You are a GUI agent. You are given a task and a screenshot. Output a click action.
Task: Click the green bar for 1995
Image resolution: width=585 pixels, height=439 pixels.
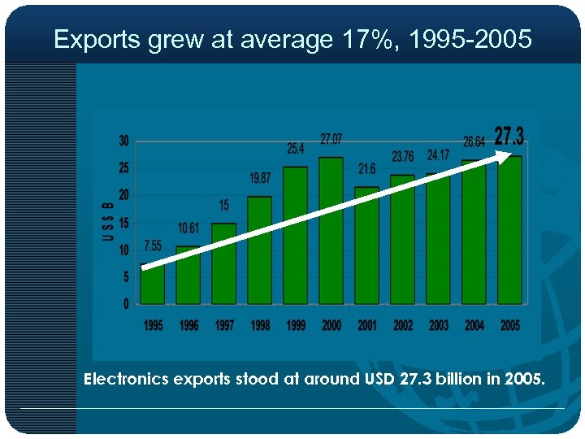point(153,285)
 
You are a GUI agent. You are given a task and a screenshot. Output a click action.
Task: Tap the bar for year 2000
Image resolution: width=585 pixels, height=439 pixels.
point(331,231)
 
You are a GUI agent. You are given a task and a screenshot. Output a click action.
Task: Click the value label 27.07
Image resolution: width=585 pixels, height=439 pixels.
point(331,139)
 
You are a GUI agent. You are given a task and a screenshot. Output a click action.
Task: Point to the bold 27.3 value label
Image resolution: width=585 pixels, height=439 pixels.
point(509,135)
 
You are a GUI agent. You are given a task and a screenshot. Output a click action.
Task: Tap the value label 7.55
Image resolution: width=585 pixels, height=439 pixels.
point(153,245)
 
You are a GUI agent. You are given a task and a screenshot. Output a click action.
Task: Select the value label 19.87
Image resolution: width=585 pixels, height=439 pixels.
point(260,178)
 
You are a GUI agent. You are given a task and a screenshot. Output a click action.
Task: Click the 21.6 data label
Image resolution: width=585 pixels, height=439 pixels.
point(367,169)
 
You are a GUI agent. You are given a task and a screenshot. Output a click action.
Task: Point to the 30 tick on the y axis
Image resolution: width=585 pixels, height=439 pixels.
point(123,141)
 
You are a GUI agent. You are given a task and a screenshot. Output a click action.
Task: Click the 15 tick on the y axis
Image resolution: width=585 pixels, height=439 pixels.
point(123,223)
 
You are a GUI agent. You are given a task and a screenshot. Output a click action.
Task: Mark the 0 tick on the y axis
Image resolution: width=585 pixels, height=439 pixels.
point(126,304)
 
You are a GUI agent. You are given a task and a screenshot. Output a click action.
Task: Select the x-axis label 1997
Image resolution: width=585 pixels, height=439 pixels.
point(224,325)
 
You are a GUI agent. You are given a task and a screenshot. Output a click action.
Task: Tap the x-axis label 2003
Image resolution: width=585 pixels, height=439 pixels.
point(438,325)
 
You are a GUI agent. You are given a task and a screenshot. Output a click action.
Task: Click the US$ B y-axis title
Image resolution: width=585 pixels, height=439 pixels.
point(107,221)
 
